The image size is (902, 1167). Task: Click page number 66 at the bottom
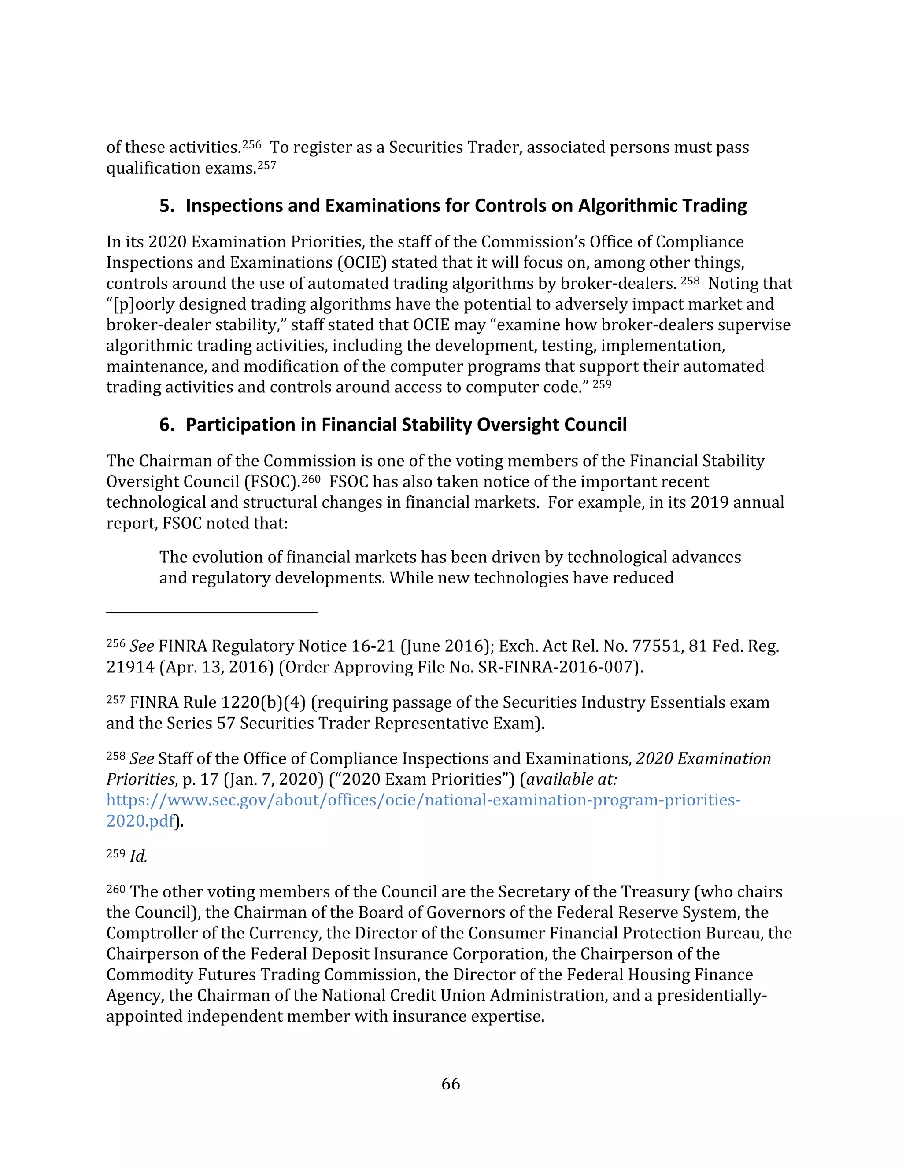[x=451, y=1084]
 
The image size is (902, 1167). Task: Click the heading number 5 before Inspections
[x=166, y=206]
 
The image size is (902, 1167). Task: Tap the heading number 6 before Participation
[x=166, y=425]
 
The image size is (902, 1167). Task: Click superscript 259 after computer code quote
[x=602, y=384]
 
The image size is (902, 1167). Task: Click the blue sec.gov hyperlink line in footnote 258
[x=423, y=800]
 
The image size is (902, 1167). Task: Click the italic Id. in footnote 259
[x=138, y=857]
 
